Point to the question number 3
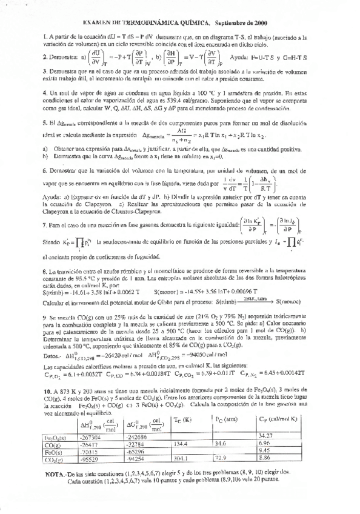point(45,72)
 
